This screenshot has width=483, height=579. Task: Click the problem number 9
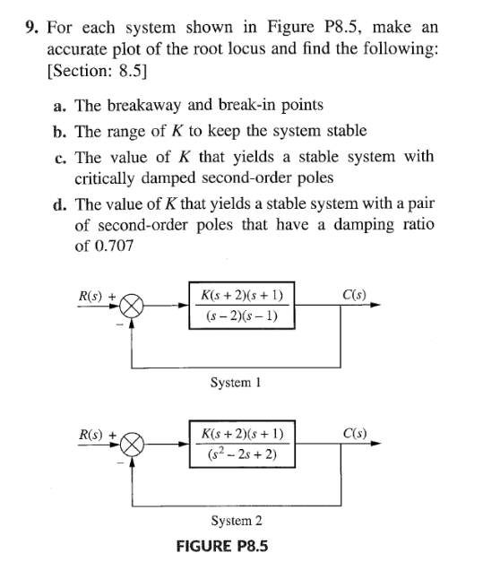30,27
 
